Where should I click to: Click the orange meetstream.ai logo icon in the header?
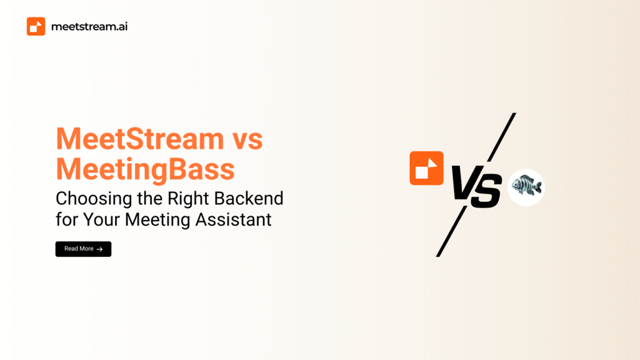36,26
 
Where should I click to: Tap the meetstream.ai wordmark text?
89,26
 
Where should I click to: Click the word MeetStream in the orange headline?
140,139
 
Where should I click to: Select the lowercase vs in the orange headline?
247,141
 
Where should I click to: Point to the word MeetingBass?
145,169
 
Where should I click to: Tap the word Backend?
249,199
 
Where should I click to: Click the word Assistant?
234,219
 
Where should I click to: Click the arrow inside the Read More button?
99,249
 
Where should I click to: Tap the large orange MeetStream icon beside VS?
426,168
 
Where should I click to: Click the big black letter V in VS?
466,182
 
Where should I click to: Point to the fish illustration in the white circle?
526,186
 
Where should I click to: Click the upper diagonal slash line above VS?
502,137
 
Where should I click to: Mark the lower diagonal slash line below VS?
451,231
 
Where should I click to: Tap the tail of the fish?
538,187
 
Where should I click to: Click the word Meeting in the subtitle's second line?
157,219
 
